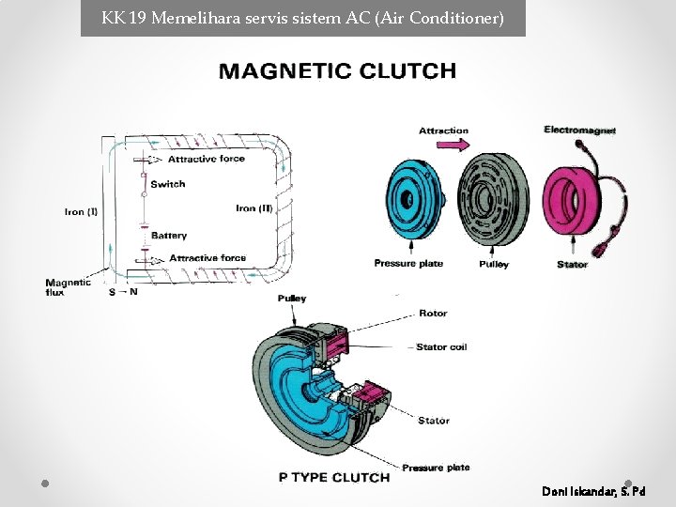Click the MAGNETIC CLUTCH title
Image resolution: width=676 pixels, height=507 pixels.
pos(338,71)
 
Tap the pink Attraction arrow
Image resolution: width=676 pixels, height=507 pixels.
pos(453,145)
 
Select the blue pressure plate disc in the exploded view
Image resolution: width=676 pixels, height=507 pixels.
pos(415,199)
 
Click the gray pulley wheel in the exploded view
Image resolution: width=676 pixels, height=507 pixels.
pos(493,199)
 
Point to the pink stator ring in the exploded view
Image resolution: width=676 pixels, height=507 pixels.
pos(570,201)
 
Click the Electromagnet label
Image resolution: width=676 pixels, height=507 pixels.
pos(579,130)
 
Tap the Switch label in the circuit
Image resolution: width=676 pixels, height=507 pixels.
pos(168,184)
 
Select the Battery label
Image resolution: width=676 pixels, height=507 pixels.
pos(169,236)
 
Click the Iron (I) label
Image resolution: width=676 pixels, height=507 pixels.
pos(81,211)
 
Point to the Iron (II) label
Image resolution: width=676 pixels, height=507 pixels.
pos(254,208)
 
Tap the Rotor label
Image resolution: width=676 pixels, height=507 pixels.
pos(433,314)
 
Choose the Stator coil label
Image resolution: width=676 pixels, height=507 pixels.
pos(441,347)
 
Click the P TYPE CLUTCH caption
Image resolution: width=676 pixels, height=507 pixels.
pos(334,478)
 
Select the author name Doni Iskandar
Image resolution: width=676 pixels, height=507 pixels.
pos(593,491)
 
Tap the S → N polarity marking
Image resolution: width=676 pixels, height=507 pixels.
pos(123,292)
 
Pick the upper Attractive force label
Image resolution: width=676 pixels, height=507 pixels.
pos(206,159)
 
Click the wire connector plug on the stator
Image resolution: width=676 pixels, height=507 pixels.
pos(602,248)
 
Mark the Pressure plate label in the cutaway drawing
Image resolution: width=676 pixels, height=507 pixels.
pos(436,468)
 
